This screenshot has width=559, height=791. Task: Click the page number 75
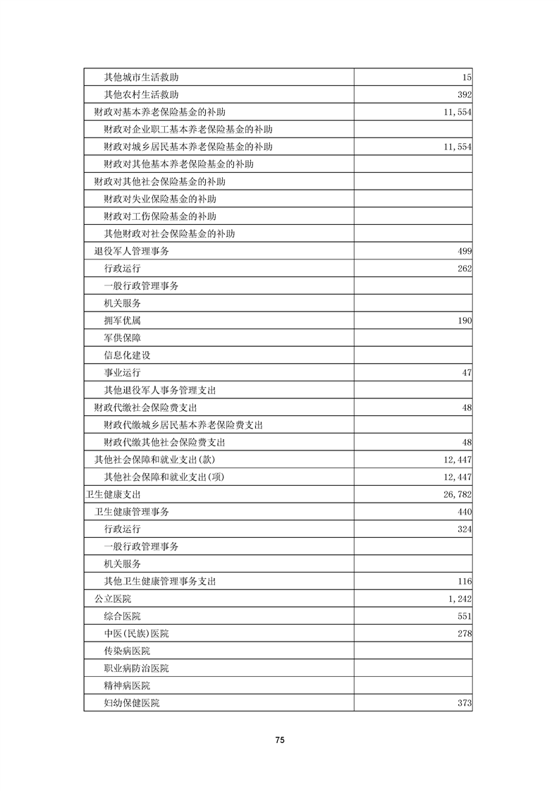[279, 740]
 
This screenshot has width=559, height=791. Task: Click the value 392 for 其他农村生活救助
[462, 94]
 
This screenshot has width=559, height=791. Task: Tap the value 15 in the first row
[467, 77]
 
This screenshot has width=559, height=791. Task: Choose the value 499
[462, 251]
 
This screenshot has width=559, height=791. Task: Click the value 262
[462, 269]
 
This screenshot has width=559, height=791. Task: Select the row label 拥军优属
[122, 320]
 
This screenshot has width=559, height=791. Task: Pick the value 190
[462, 320]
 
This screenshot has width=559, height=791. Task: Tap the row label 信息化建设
[127, 355]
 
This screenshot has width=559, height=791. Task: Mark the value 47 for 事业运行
[466, 372]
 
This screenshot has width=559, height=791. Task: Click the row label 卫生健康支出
[112, 494]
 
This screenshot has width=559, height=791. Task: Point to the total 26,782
[457, 494]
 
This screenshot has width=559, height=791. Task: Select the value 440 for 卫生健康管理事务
[462, 512]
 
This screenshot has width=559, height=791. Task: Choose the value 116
[462, 582]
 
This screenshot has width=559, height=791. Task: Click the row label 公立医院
[113, 599]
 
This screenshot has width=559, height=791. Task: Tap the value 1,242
[459, 599]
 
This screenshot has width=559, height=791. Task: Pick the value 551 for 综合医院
[462, 616]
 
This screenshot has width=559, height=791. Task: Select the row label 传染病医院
[127, 651]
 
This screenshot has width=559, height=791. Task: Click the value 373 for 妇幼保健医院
[462, 703]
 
